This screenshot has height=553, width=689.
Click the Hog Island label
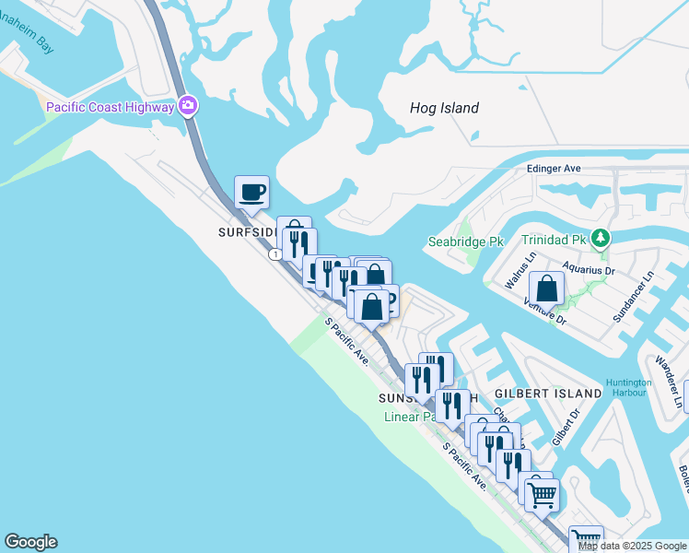click(x=444, y=108)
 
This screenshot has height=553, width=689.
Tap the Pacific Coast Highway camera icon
click(x=188, y=106)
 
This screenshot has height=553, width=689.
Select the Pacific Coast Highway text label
click(x=110, y=107)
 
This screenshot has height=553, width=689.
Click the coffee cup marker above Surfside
click(x=252, y=193)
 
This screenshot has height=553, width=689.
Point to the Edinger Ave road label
click(x=554, y=169)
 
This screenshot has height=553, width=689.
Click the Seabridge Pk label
click(x=466, y=242)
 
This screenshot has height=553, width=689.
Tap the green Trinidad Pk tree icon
click(x=601, y=239)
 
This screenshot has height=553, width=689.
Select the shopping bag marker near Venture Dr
click(x=546, y=288)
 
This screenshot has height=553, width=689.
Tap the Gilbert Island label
click(x=551, y=394)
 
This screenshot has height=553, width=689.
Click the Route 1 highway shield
click(x=274, y=254)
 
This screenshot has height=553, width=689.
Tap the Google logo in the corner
click(x=30, y=542)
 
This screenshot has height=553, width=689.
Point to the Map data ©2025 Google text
click(x=632, y=546)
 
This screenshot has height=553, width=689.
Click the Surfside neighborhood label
click(x=246, y=232)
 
